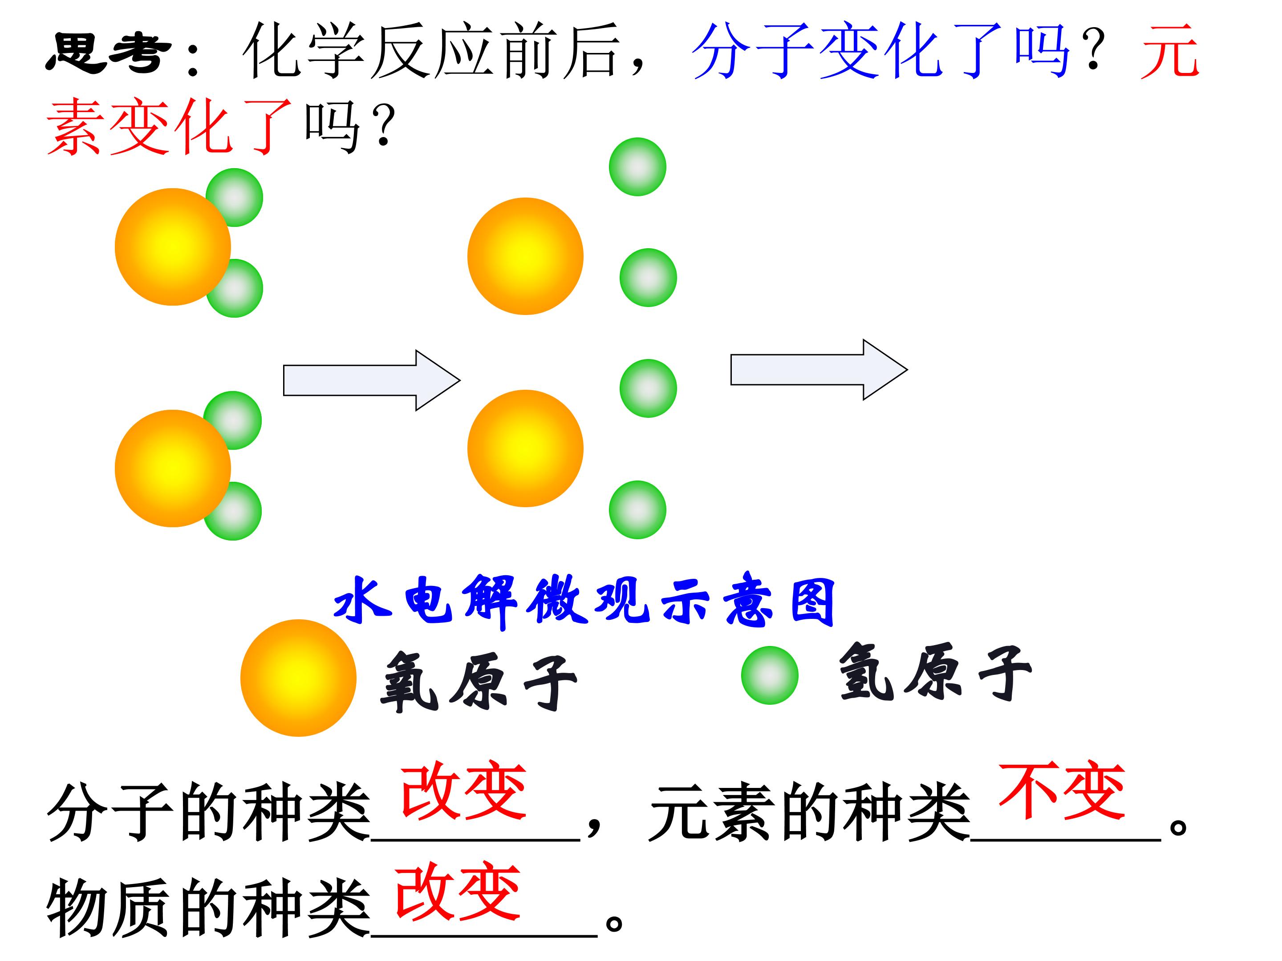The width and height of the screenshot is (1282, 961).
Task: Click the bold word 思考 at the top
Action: click(108, 52)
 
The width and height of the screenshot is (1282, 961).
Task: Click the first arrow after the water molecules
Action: click(372, 380)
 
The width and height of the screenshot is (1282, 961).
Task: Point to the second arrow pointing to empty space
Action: click(819, 370)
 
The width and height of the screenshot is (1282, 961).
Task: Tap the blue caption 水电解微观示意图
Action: click(584, 601)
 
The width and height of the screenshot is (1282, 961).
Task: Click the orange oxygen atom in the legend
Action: click(299, 678)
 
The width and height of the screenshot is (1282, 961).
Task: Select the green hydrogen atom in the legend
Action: click(770, 675)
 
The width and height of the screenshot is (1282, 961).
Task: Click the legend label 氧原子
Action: click(479, 682)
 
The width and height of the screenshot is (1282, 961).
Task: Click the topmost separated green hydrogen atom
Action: click(637, 167)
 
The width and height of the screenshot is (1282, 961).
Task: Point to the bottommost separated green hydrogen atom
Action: click(637, 510)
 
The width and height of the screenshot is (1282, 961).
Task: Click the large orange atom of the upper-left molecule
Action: click(173, 247)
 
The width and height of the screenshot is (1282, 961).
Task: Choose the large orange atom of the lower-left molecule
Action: click(173, 468)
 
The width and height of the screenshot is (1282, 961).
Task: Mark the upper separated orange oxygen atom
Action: click(525, 256)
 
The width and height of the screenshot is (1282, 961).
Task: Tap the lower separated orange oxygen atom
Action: click(525, 448)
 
